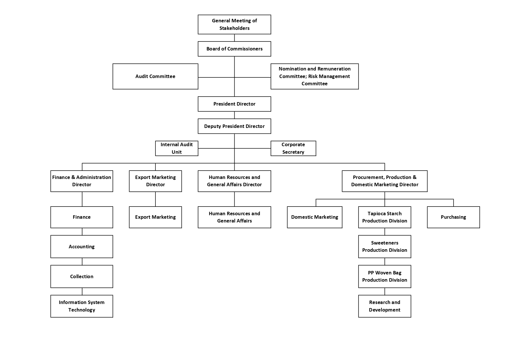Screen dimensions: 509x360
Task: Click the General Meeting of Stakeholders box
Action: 234,24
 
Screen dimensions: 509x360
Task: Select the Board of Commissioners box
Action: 234,49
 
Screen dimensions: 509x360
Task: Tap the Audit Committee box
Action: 155,76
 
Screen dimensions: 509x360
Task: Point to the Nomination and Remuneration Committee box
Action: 315,76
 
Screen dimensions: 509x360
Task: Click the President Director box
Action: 234,104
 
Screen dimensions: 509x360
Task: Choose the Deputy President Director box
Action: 234,126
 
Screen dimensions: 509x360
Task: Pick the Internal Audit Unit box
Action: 177,148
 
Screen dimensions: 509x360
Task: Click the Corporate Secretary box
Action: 293,148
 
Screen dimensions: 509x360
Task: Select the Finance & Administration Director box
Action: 82,181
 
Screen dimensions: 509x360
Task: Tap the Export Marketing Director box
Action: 155,181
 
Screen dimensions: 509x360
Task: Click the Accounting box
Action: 82,247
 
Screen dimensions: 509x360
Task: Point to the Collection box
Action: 82,276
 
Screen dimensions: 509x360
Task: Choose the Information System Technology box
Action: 82,306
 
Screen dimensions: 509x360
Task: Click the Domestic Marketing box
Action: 315,217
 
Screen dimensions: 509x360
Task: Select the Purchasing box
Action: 453,217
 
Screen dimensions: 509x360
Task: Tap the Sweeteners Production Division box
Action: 385,247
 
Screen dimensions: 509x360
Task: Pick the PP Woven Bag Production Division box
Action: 385,276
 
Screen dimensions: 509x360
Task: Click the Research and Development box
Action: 385,306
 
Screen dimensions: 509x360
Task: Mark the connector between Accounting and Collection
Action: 82,261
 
